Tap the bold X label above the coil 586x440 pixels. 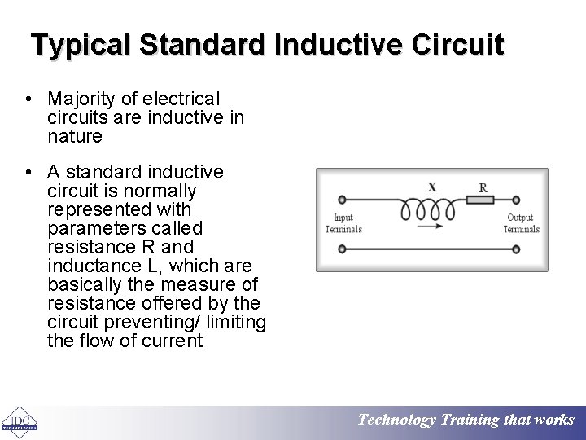click(432, 187)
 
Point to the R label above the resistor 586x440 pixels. click(483, 187)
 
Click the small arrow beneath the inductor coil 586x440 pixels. click(431, 226)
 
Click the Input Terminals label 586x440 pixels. click(343, 223)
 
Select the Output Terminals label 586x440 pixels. click(521, 223)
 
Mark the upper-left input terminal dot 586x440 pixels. click(341, 199)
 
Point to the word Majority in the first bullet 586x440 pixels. click(81, 99)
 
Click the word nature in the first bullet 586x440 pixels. click(75, 136)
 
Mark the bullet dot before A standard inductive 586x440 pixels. click(29, 172)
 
